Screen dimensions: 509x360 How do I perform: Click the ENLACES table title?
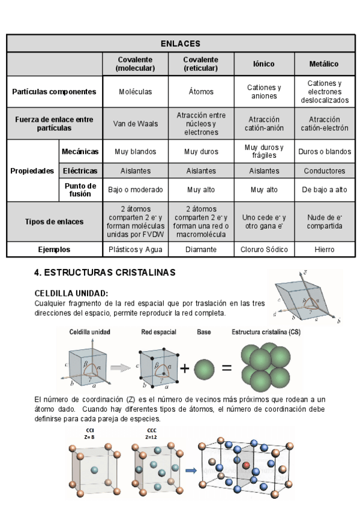pyautogui.click(x=180, y=44)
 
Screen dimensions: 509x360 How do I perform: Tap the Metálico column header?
pyautogui.click(x=323, y=64)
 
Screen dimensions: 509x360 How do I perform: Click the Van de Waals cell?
pyautogui.click(x=135, y=124)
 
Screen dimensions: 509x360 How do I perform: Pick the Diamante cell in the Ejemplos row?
pyautogui.click(x=200, y=249)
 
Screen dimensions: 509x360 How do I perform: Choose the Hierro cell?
pyautogui.click(x=323, y=249)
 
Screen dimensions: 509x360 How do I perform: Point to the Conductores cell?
pyautogui.click(x=323, y=171)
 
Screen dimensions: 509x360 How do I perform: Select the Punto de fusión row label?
pyautogui.click(x=80, y=190)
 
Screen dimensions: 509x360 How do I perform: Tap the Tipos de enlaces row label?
pyautogui.click(x=55, y=221)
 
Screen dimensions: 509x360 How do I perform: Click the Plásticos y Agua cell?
pyautogui.click(x=135, y=249)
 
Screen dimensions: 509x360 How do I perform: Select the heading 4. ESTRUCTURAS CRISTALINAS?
pyautogui.click(x=105, y=273)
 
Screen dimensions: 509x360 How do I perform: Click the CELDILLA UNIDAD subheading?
pyautogui.click(x=71, y=293)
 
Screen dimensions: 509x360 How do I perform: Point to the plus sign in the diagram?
pyautogui.click(x=185, y=368)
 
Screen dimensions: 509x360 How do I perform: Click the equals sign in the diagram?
pyautogui.click(x=226, y=368)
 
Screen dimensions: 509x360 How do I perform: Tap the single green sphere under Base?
pyautogui.click(x=204, y=368)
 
